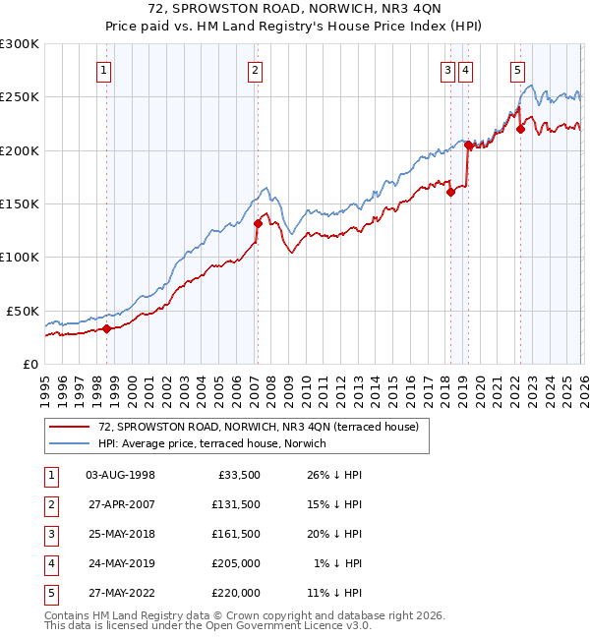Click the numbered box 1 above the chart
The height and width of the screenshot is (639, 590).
103,70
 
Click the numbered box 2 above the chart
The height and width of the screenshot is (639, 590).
255,70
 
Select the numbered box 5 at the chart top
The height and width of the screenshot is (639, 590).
517,70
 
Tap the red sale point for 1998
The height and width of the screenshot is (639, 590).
106,328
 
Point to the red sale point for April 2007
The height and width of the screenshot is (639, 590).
258,223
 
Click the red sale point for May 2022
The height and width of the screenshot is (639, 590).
520,129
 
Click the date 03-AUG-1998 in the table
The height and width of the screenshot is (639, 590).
120,475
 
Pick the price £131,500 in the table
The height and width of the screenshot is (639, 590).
236,504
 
